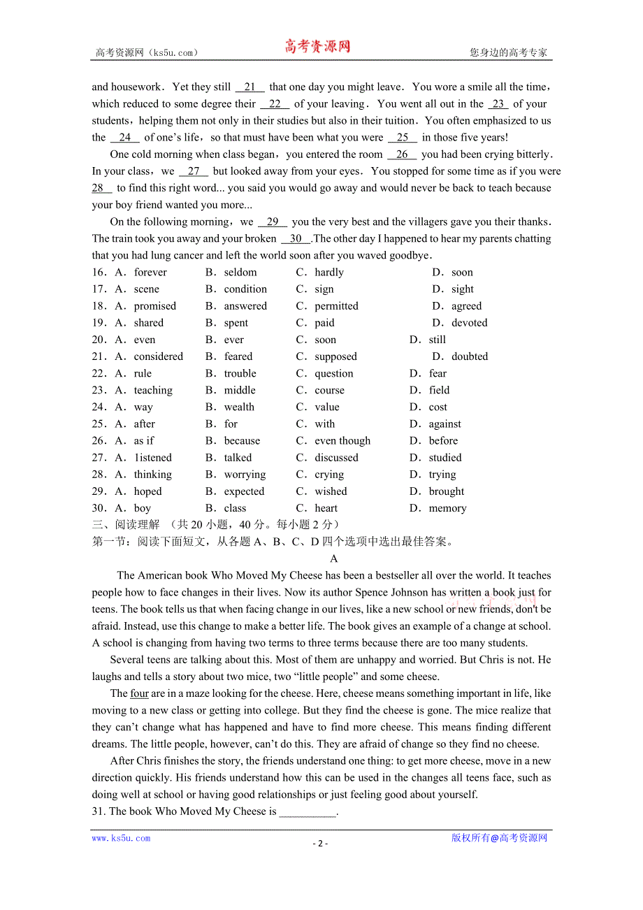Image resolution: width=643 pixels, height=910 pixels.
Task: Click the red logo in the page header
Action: pyautogui.click(x=317, y=47)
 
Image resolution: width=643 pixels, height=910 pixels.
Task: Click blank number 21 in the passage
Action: pyautogui.click(x=250, y=87)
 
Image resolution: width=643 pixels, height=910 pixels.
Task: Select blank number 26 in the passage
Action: pyautogui.click(x=402, y=154)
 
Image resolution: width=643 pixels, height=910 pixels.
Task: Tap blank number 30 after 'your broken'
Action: pyautogui.click(x=296, y=238)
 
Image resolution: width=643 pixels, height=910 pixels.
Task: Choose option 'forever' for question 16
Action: pyautogui.click(x=150, y=273)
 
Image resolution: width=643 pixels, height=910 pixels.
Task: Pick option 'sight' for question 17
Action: pyautogui.click(x=462, y=289)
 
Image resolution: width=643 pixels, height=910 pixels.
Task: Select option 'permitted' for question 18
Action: pyautogui.click(x=336, y=306)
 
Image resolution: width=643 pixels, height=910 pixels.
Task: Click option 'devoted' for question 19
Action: pyautogui.click(x=469, y=323)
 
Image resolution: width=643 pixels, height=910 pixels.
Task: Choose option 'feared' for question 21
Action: pyautogui.click(x=238, y=356)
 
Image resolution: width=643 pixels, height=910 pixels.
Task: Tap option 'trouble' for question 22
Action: pyautogui.click(x=240, y=373)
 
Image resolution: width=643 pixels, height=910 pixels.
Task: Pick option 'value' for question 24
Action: pyautogui.click(x=326, y=407)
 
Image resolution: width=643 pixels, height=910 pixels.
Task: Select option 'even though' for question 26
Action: pyautogui.click(x=342, y=441)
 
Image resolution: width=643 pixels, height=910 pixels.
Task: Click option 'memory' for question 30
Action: pyautogui.click(x=447, y=508)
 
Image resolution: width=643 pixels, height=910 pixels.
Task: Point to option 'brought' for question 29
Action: pyautogui.click(x=446, y=491)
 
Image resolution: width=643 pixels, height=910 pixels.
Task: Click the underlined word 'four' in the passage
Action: pyautogui.click(x=139, y=693)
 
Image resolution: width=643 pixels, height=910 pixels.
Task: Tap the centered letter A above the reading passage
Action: pyautogui.click(x=333, y=558)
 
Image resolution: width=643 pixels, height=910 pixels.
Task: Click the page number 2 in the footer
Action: pyautogui.click(x=320, y=843)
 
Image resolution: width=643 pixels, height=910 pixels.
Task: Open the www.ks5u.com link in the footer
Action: pyautogui.click(x=121, y=838)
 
